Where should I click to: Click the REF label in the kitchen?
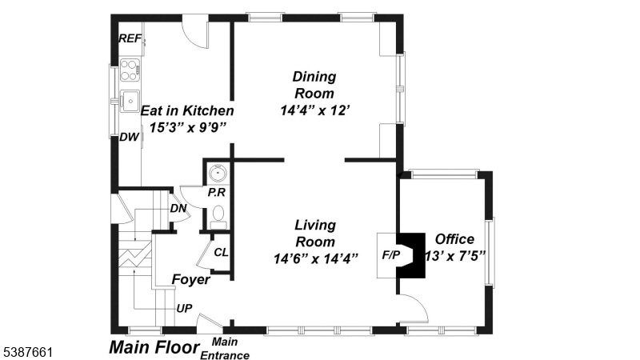[130, 38]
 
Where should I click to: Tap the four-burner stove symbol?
[130, 70]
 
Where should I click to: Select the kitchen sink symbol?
[130, 101]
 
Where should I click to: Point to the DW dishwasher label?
[130, 137]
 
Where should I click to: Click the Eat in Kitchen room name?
[187, 110]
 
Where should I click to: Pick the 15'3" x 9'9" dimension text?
[187, 127]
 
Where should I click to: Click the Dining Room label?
[314, 85]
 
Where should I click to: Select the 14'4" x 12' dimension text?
[315, 110]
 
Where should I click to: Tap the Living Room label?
[315, 233]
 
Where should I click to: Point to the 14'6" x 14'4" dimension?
[315, 258]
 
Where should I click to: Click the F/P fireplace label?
[391, 255]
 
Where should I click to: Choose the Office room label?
[454, 239]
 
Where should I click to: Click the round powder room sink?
[218, 174]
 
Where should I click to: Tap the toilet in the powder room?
[218, 217]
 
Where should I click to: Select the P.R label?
[216, 192]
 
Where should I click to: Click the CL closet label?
[222, 253]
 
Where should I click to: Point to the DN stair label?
[178, 208]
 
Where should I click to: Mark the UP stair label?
[184, 309]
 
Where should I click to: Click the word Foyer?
[190, 280]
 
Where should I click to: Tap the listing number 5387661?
[28, 352]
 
